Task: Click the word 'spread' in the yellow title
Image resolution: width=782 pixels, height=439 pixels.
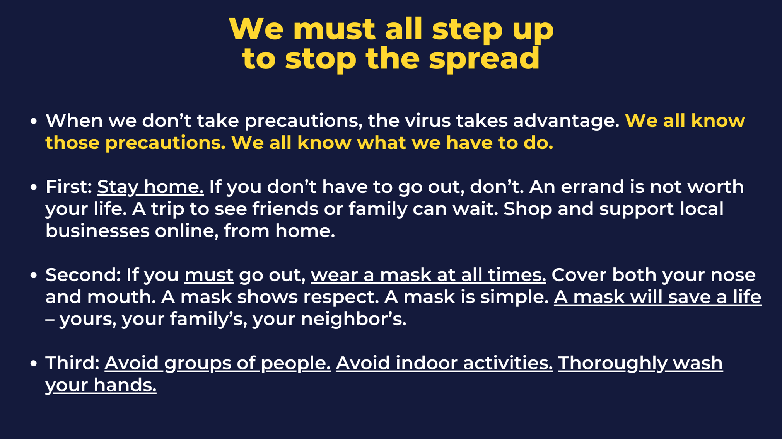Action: [484, 59]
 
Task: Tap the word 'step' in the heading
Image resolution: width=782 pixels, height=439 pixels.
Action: [468, 29]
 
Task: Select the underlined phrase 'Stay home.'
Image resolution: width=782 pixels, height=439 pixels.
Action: [150, 187]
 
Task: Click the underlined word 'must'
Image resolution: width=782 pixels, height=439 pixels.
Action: [209, 275]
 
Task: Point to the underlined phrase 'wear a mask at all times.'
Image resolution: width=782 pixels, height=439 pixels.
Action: [429, 275]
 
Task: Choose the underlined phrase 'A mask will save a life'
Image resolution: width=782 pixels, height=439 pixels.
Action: [657, 297]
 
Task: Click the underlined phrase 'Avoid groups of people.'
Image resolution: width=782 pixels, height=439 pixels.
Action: [217, 364]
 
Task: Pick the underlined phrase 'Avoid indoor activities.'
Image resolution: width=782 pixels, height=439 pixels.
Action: [444, 363]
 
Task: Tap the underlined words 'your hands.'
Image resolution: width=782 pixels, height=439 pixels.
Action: [101, 386]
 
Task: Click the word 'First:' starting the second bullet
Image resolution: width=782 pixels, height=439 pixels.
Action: [69, 187]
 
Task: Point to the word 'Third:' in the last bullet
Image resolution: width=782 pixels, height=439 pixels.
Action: [72, 363]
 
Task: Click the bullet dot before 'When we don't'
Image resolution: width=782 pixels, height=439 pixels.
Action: [34, 121]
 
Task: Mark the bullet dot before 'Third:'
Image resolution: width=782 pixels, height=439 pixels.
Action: [34, 364]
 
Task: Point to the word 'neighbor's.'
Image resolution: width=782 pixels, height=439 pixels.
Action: [353, 320]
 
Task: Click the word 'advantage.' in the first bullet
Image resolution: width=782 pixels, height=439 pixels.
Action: [566, 121]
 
